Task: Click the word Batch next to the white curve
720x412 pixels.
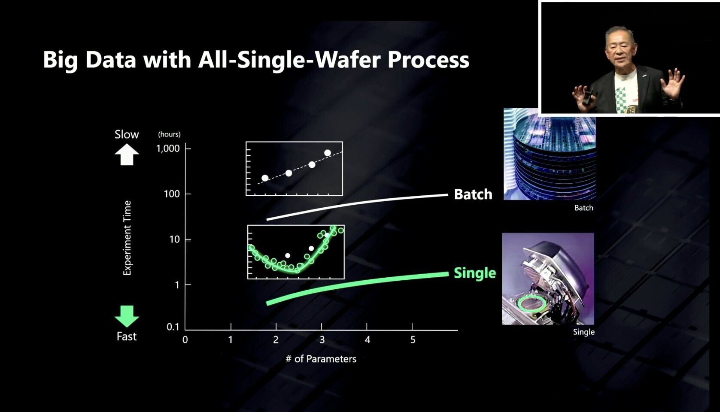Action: pyautogui.click(x=473, y=194)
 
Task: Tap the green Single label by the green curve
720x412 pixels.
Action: pyautogui.click(x=474, y=273)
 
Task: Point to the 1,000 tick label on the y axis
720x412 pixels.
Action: pyautogui.click(x=168, y=148)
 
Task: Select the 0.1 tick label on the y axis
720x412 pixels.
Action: pyautogui.click(x=173, y=327)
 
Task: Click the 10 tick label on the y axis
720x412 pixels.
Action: pyautogui.click(x=174, y=239)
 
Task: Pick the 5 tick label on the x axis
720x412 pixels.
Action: pyautogui.click(x=413, y=340)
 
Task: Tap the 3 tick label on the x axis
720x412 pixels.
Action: pyautogui.click(x=322, y=340)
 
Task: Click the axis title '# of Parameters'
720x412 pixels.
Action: pyautogui.click(x=321, y=359)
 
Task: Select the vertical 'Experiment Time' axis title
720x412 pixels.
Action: pyautogui.click(x=127, y=238)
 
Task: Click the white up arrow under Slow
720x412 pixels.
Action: pyautogui.click(x=127, y=154)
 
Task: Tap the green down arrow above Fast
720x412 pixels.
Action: pyautogui.click(x=127, y=316)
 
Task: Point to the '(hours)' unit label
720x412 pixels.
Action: pyautogui.click(x=169, y=134)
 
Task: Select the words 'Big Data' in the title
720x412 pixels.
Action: pyautogui.click(x=89, y=60)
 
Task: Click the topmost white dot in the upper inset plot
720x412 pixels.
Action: pyautogui.click(x=328, y=153)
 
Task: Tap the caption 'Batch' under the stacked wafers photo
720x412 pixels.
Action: pyautogui.click(x=583, y=208)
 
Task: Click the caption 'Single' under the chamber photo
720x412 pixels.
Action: pyautogui.click(x=583, y=332)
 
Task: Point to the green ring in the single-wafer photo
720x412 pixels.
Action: pyautogui.click(x=532, y=303)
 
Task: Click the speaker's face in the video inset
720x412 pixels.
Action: pyautogui.click(x=620, y=49)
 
